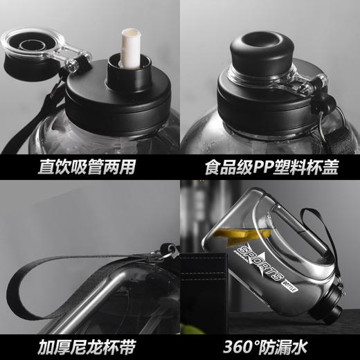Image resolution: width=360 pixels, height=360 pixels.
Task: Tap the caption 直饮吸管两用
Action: pyautogui.click(x=89, y=167)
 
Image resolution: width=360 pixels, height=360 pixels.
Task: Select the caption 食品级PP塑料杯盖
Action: pyautogui.click(x=271, y=167)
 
